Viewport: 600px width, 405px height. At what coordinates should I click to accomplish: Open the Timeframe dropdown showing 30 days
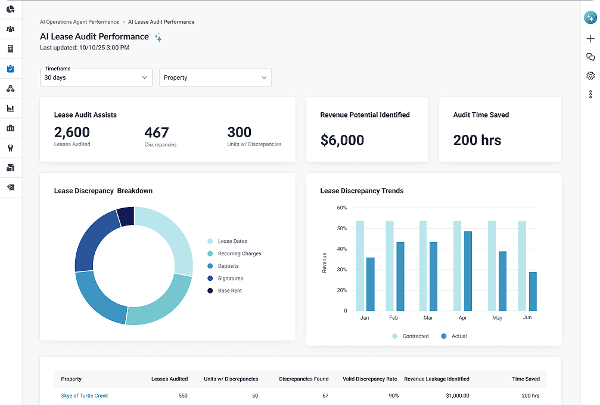pyautogui.click(x=96, y=78)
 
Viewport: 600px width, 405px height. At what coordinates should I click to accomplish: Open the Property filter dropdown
pyautogui.click(x=216, y=78)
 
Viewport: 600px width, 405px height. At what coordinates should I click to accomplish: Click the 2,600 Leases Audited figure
pyautogui.click(x=72, y=132)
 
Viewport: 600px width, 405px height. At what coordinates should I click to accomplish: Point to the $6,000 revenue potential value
pyautogui.click(x=342, y=140)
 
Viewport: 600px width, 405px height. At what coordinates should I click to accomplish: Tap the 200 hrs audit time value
pyautogui.click(x=477, y=140)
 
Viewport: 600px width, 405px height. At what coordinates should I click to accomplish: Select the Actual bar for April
pyautogui.click(x=468, y=271)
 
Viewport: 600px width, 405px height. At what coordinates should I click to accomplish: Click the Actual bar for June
pyautogui.click(x=533, y=291)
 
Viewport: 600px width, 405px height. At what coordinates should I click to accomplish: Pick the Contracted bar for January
pyautogui.click(x=360, y=266)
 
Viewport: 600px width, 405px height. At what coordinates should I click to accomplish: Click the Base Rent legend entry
pyautogui.click(x=225, y=290)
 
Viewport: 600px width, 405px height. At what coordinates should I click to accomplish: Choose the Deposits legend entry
pyautogui.click(x=223, y=266)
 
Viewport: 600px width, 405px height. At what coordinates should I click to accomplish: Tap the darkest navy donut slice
pyautogui.click(x=126, y=216)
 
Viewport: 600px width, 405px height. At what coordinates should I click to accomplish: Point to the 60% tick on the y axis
pyautogui.click(x=342, y=208)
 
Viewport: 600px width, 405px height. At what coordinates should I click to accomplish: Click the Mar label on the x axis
pyautogui.click(x=428, y=318)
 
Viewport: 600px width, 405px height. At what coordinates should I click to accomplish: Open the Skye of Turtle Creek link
pyautogui.click(x=85, y=395)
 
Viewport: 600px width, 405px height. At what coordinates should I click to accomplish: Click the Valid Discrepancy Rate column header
pyautogui.click(x=369, y=379)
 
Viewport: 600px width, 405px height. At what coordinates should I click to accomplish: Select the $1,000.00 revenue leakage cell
pyautogui.click(x=458, y=395)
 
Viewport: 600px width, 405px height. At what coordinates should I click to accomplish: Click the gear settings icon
pyautogui.click(x=590, y=76)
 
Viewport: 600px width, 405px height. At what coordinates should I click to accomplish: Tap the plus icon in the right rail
pyautogui.click(x=590, y=39)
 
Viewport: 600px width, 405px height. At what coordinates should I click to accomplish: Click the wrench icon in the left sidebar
pyautogui.click(x=11, y=148)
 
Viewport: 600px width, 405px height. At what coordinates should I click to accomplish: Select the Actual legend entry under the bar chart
pyautogui.click(x=454, y=336)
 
